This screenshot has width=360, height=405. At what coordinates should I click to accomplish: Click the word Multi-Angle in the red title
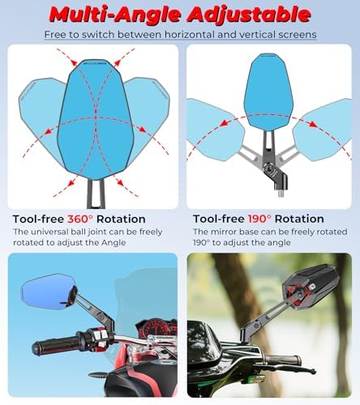[x=115, y=15]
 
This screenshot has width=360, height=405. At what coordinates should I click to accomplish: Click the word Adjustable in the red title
[x=249, y=15]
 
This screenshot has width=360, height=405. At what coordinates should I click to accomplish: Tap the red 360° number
[x=80, y=219]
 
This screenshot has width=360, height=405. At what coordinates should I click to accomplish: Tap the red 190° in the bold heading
[x=259, y=219]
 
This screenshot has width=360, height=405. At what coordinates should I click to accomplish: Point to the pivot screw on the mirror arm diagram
[x=269, y=170]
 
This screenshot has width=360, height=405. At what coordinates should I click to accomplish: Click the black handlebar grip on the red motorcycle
[x=55, y=346]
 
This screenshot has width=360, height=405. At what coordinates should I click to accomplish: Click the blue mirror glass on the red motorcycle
[x=46, y=292]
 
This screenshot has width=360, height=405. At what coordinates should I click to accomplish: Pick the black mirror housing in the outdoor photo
[x=308, y=286]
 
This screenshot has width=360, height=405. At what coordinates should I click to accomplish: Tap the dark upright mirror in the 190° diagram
[x=268, y=92]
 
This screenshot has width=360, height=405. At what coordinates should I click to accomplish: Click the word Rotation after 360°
[x=121, y=219]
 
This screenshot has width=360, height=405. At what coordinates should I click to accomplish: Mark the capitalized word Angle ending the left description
[x=114, y=243]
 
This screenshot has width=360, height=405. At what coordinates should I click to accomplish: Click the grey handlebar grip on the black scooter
[x=282, y=360]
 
